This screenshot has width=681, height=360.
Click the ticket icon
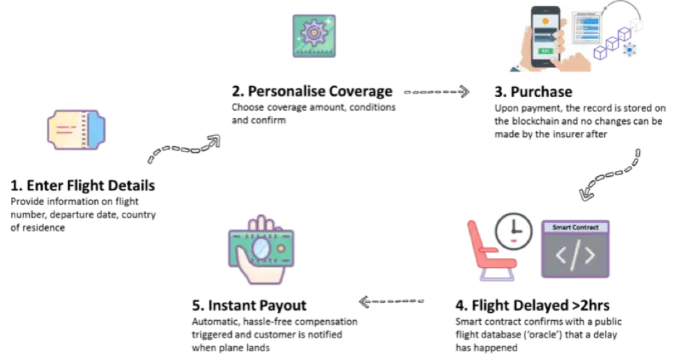[x=77, y=130]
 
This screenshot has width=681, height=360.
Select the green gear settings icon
[x=316, y=35]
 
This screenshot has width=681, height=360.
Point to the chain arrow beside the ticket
[x=184, y=148]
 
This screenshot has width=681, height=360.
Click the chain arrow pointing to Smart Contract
[x=609, y=175]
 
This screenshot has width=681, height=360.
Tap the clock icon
[x=514, y=230]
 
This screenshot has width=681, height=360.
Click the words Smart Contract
[x=576, y=227]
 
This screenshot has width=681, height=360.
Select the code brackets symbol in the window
[x=576, y=256]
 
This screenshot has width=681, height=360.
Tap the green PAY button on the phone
[x=546, y=51]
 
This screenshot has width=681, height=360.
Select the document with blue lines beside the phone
[x=588, y=28]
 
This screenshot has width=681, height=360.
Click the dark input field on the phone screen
[x=546, y=33]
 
